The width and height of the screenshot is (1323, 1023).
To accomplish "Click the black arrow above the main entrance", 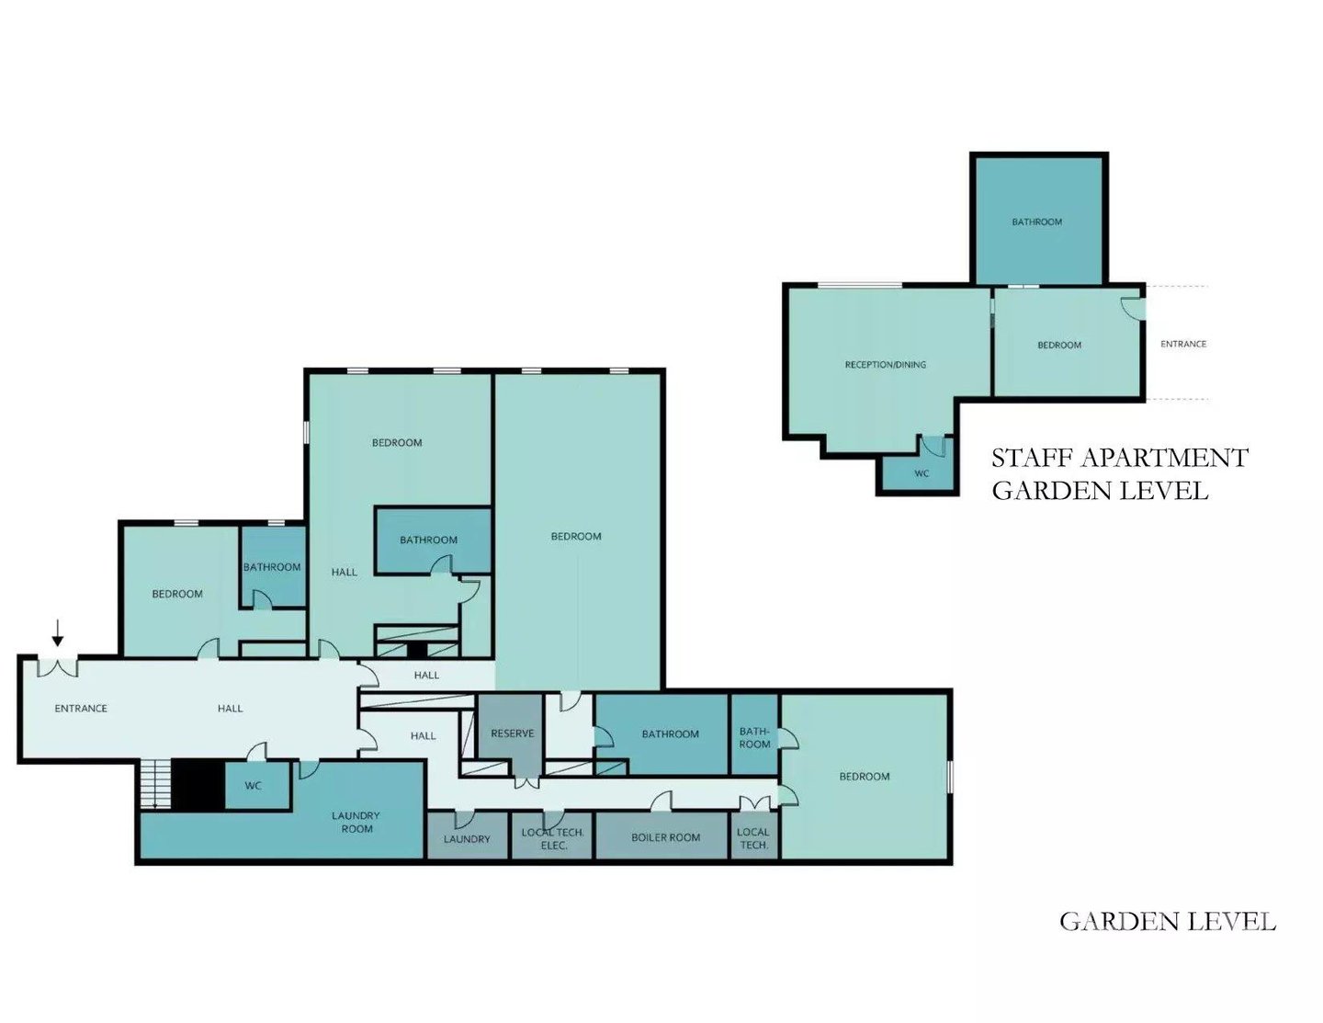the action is click(x=58, y=632).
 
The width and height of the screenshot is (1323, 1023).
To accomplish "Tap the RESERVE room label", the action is click(x=512, y=733).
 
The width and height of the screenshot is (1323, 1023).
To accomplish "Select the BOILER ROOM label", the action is click(x=665, y=837).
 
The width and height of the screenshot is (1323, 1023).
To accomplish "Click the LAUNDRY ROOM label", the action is click(x=356, y=822).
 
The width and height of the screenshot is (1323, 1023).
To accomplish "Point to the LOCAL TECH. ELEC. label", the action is click(x=553, y=838).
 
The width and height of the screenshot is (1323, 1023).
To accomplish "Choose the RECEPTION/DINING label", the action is click(x=886, y=365).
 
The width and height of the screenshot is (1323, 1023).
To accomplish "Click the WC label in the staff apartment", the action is click(x=922, y=473).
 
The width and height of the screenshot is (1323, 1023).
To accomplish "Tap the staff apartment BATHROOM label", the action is click(x=1037, y=222).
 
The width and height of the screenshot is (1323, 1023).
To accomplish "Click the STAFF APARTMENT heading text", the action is click(x=1120, y=458).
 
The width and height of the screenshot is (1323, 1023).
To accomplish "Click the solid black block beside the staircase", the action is click(x=198, y=785).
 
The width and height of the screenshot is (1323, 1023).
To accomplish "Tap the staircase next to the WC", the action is click(x=155, y=785).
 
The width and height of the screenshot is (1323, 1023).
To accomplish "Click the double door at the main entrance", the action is click(x=58, y=666).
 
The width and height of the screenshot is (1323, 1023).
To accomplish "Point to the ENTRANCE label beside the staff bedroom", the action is click(x=1183, y=344).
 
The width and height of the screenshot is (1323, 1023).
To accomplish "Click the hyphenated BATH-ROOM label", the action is click(x=754, y=737).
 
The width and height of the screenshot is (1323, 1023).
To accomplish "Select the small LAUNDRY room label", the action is click(x=467, y=839).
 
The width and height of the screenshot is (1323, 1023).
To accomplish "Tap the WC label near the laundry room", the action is click(x=254, y=786).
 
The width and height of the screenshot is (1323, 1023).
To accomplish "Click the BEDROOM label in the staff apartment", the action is click(x=1059, y=346).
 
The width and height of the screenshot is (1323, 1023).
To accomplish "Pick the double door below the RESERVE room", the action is click(x=526, y=782).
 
